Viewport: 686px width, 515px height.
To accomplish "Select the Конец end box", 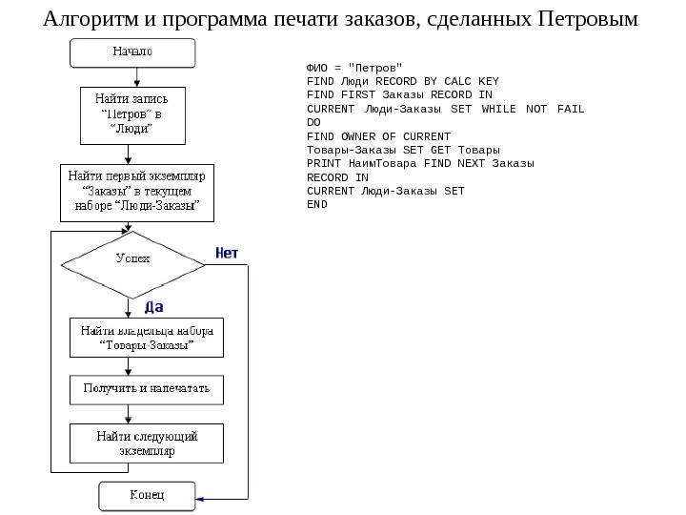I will coord(147,496).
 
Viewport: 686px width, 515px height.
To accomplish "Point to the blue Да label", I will coord(154,307).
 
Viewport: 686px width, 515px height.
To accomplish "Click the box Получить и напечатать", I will coord(147,388).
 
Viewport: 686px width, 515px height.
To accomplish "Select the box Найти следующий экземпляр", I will coord(147,443).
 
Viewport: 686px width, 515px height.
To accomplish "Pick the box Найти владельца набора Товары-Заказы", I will coord(147,338).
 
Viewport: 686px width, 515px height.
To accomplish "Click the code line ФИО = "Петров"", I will coord(348,68).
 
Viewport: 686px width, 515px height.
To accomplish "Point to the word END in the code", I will coord(316,204).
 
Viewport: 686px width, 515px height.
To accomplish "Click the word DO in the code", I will coord(313,122).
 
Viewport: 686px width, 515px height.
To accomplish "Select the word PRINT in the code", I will coord(322,163).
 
